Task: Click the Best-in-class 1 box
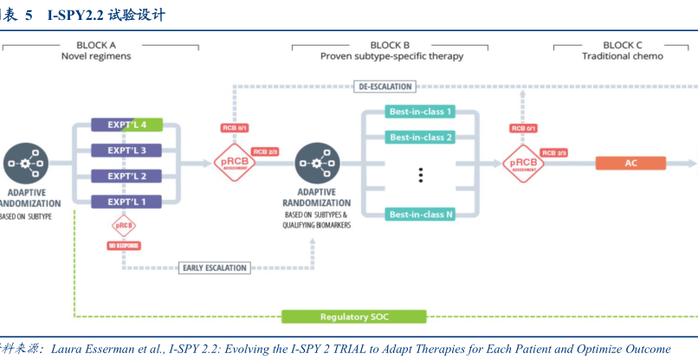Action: (x=421, y=112)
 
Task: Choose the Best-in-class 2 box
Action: (x=421, y=138)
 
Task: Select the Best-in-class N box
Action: (x=421, y=214)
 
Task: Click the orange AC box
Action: (x=630, y=163)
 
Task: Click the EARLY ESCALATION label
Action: (x=215, y=267)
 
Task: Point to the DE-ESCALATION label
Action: (x=385, y=86)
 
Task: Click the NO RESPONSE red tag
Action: (x=124, y=246)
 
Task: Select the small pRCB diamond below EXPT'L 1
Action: (x=124, y=225)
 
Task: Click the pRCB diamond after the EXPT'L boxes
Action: (x=235, y=162)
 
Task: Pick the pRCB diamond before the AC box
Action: (x=524, y=162)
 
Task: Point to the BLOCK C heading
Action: (x=623, y=45)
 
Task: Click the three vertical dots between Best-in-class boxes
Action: (x=421, y=176)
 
